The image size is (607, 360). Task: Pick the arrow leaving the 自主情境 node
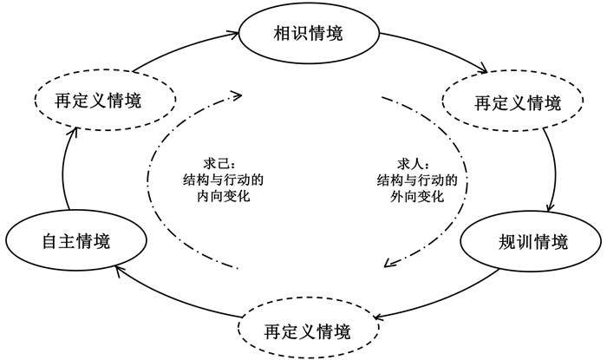(x=66, y=173)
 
